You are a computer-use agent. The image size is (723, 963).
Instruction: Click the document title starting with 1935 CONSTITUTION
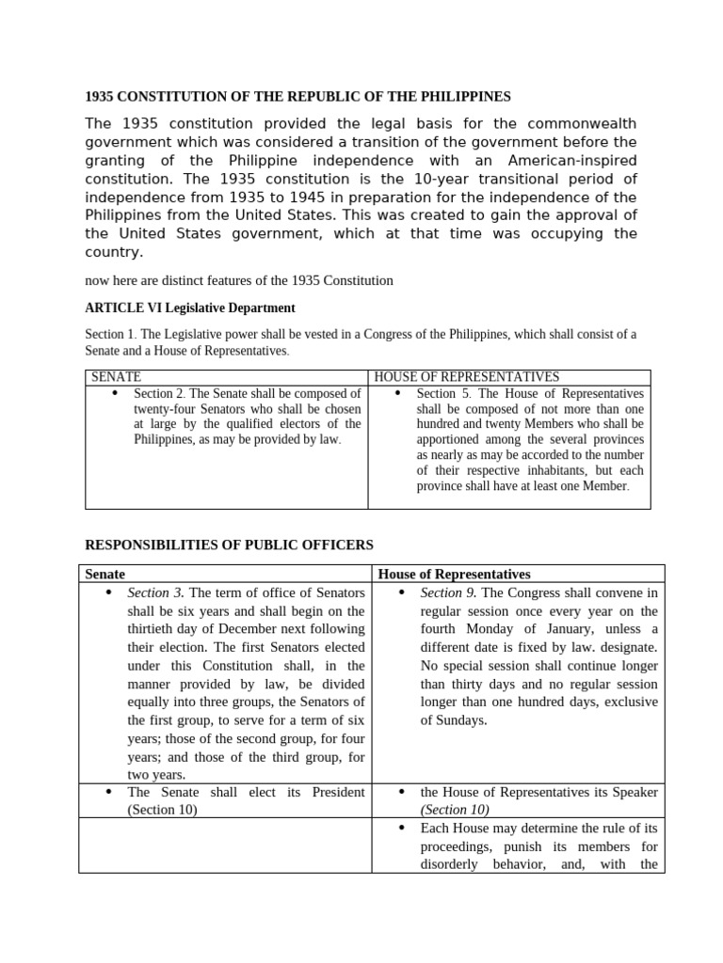(x=297, y=96)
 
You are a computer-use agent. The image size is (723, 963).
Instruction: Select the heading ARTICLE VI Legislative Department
(x=190, y=308)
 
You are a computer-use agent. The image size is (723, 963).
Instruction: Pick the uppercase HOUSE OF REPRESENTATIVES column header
(x=466, y=377)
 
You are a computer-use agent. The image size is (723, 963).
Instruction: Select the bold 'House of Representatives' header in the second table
(x=454, y=574)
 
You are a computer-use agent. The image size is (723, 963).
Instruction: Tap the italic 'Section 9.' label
(x=448, y=592)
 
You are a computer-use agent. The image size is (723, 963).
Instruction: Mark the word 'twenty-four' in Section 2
(x=163, y=408)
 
